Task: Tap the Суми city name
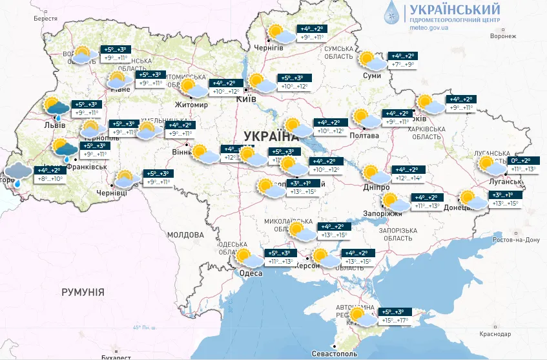(373, 76)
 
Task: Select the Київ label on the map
(247, 99)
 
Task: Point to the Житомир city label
(192, 104)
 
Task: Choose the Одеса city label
(251, 273)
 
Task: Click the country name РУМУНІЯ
(83, 293)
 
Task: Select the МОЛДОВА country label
(185, 235)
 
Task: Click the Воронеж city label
(503, 36)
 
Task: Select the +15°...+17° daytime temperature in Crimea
(394, 320)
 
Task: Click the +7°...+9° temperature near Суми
(404, 65)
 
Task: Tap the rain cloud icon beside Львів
(56, 108)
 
